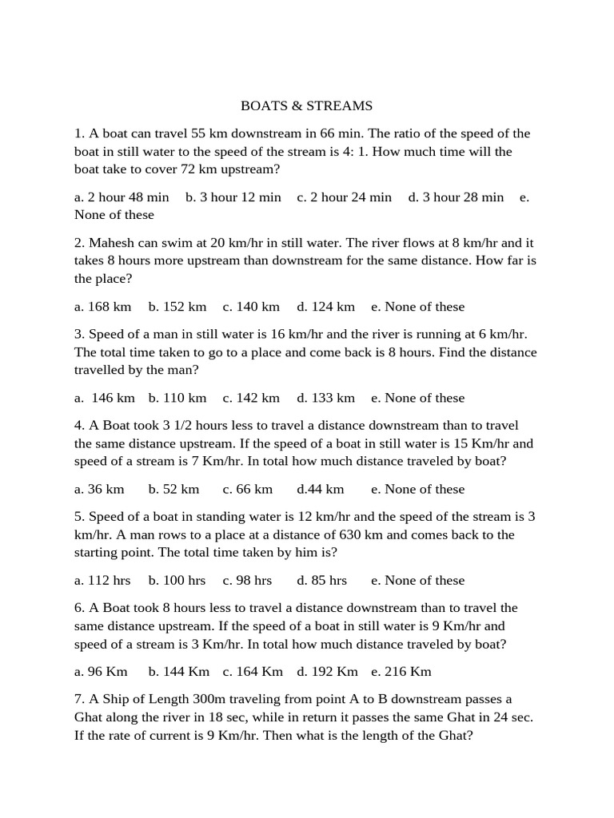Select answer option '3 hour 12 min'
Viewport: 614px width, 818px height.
click(x=233, y=197)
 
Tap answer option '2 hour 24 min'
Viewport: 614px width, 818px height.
click(x=345, y=197)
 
